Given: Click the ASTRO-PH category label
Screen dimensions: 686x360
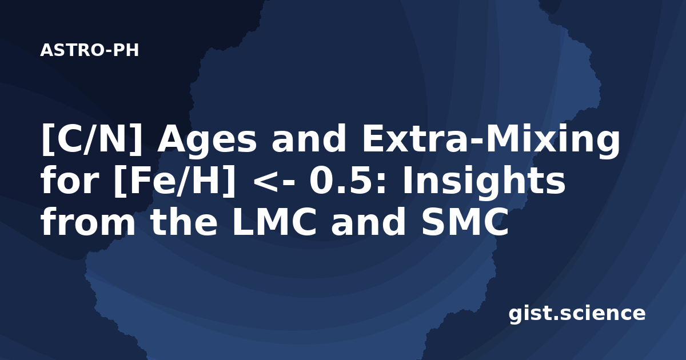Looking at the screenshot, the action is pyautogui.click(x=89, y=50).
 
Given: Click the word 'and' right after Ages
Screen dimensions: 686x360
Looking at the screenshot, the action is pyautogui.click(x=309, y=138).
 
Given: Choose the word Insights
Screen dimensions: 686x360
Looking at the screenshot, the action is pyautogui.click(x=484, y=182).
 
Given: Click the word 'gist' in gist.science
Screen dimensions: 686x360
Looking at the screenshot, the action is pyautogui.click(x=532, y=314).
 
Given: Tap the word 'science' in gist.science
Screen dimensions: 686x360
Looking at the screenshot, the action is pyautogui.click(x=603, y=314).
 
